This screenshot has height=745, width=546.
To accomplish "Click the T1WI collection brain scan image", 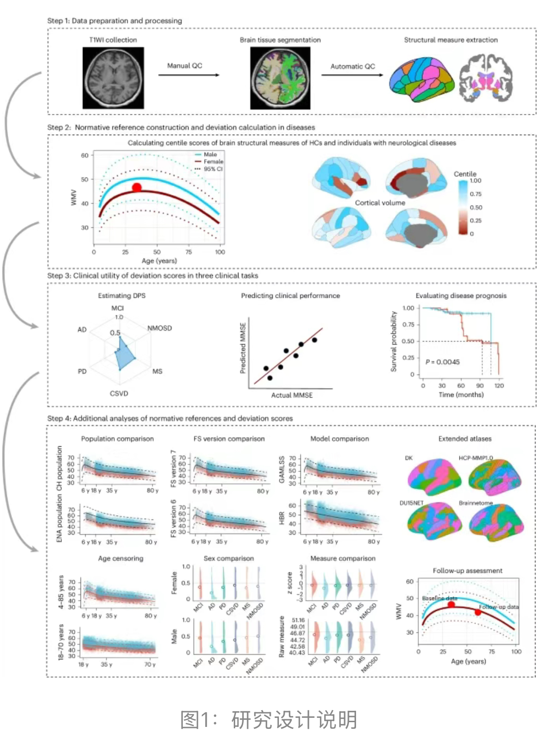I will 113,78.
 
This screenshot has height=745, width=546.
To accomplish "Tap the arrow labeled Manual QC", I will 189,75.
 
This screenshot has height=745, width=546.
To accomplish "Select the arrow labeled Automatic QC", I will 352,75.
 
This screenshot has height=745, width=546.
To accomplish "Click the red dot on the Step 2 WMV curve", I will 137,187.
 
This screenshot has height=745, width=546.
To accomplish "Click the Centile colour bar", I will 463,207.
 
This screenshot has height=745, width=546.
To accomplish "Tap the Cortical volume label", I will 380,203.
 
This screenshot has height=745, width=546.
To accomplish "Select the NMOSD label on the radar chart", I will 159,328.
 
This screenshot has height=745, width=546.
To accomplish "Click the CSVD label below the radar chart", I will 119,393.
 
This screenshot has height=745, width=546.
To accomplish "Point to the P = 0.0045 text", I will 443,362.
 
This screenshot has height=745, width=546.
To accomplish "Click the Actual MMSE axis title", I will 292,395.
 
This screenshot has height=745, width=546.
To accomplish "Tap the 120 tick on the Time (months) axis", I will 499,386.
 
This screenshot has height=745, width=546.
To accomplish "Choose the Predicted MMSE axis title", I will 243,348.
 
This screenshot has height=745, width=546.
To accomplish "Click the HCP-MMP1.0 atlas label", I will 476,458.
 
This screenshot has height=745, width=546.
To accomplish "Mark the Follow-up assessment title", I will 467,570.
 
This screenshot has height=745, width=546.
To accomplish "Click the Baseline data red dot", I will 451,605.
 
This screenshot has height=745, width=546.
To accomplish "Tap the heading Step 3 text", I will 152,275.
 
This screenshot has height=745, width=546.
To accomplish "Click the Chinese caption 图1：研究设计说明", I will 269,720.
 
